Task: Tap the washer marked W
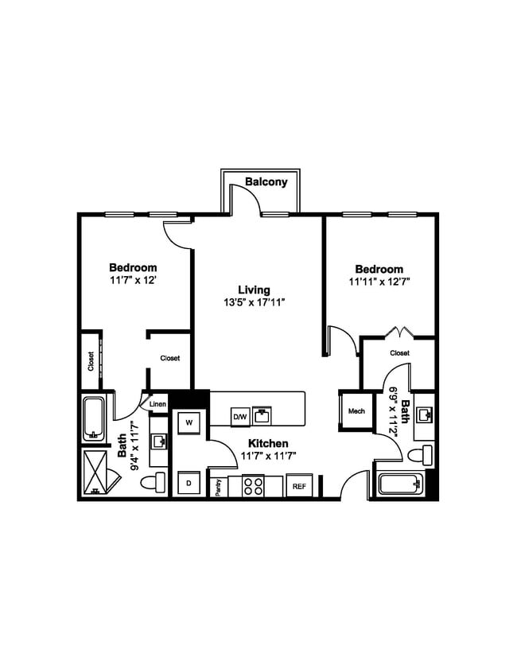189,422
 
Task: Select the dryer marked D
189,482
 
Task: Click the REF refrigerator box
299,485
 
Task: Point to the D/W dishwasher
239,416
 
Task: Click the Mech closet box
356,411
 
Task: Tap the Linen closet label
157,404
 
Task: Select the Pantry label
217,487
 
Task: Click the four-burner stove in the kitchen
253,485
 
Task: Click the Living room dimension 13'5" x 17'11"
255,302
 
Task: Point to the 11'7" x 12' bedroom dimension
133,280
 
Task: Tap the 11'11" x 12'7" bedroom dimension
379,282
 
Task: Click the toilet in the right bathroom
418,456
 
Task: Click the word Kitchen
267,443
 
